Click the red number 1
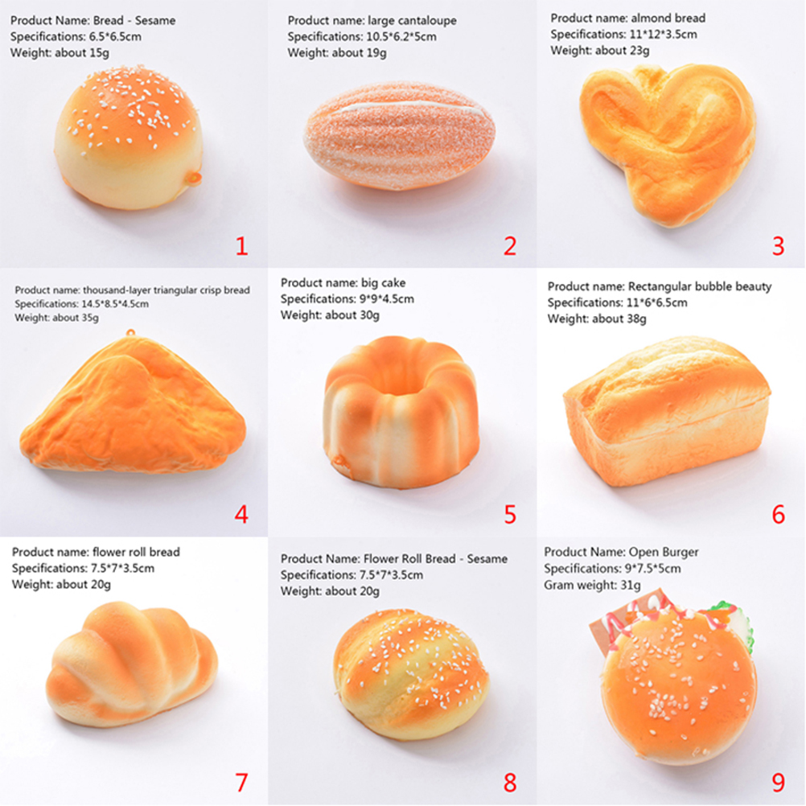[241, 245]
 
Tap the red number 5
[510, 514]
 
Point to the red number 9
[778, 783]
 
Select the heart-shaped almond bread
[667, 142]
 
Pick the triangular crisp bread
[133, 404]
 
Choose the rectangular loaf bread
[667, 411]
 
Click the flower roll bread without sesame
[132, 664]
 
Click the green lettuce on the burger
[733, 621]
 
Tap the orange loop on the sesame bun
[195, 178]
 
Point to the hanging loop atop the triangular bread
[130, 333]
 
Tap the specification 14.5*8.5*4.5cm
[115, 304]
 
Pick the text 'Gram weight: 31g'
[592, 585]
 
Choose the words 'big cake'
[383, 282]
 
